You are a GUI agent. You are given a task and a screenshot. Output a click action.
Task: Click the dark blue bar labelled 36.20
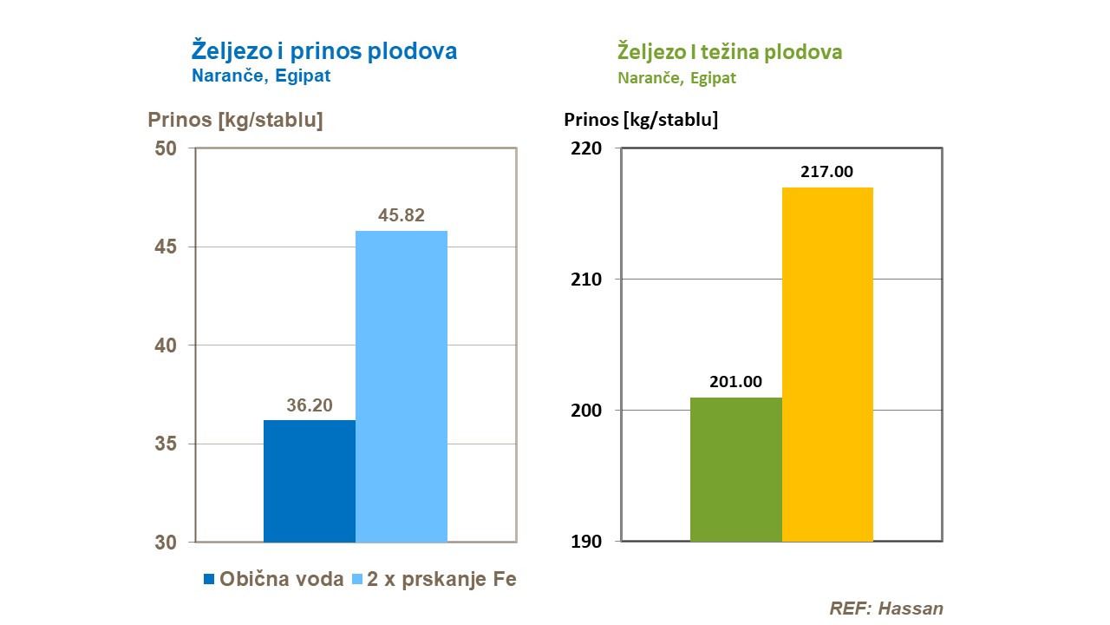[x=309, y=481]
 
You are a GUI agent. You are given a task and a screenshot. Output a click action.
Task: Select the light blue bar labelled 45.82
[x=402, y=386]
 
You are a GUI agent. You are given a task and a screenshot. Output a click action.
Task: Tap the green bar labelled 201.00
[x=735, y=469]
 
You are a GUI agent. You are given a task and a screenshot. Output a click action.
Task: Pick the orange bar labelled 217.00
[x=827, y=364]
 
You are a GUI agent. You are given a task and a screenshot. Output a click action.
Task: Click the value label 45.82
[x=402, y=215]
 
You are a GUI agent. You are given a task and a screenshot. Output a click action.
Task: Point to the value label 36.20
[x=310, y=405]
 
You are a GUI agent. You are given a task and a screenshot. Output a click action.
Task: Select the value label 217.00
[x=826, y=172]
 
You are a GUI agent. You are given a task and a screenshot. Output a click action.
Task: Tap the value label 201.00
[x=735, y=382]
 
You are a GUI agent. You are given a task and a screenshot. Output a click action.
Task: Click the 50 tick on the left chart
[x=166, y=148]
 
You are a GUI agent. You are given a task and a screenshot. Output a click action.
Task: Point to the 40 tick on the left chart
[x=166, y=345]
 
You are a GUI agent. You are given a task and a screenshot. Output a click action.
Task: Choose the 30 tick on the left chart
[x=166, y=543]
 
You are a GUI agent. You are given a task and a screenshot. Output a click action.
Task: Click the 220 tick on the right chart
[x=586, y=148]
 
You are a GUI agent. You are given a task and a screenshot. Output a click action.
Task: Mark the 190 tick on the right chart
[x=586, y=542]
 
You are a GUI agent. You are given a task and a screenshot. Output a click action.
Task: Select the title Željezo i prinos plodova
[x=324, y=50]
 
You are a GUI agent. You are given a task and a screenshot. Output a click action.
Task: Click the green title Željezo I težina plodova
[x=729, y=52]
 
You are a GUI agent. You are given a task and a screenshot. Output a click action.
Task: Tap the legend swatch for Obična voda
[x=208, y=580]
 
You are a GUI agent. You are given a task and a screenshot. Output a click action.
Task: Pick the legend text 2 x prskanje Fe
[x=441, y=580]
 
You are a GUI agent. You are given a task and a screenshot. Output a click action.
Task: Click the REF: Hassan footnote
[x=885, y=608]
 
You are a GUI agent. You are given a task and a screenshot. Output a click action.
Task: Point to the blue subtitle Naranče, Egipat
[x=261, y=76]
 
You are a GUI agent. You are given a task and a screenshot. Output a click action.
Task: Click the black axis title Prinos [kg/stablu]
[x=641, y=119]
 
